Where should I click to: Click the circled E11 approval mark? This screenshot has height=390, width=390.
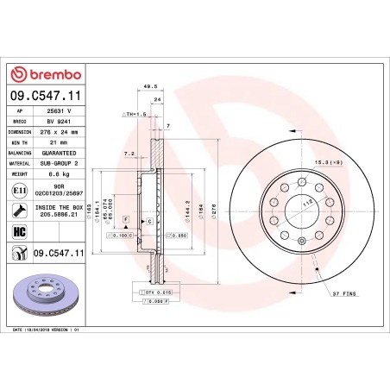pos(19,189)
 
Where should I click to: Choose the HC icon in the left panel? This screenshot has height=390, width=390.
pos(18,229)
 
